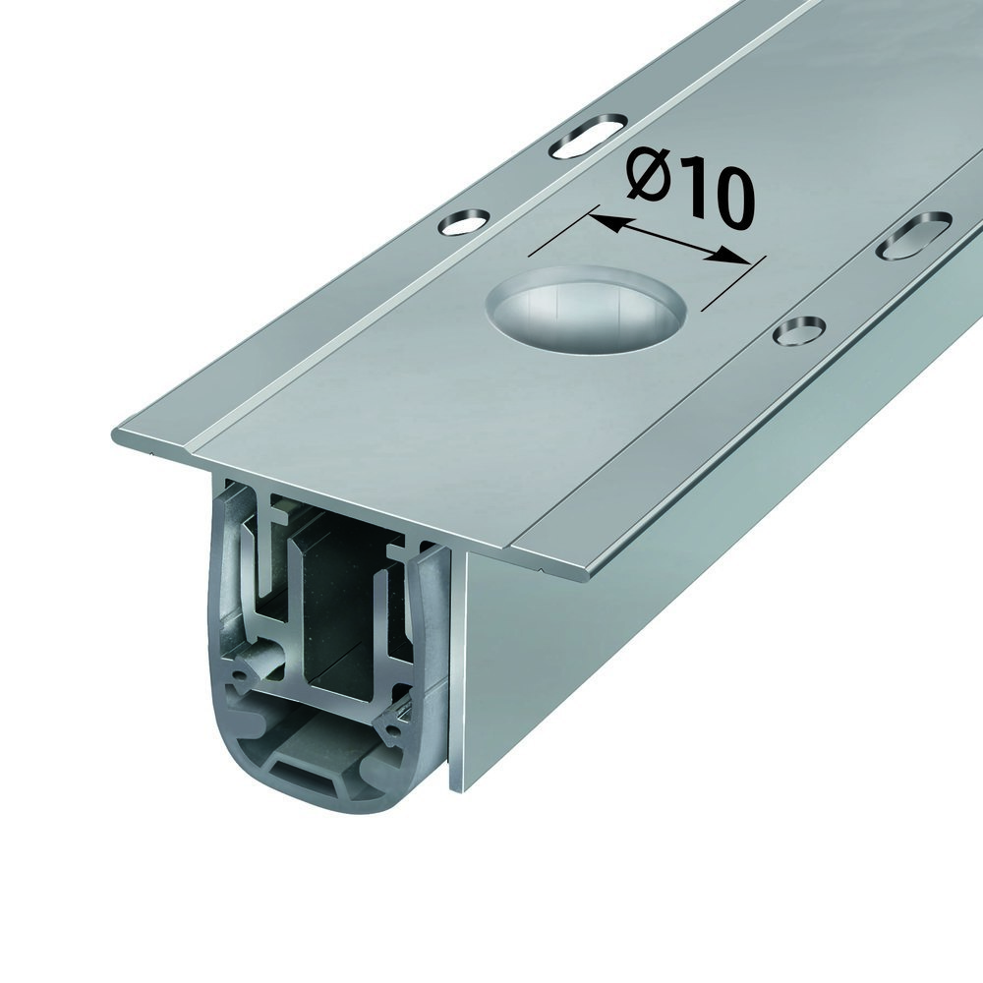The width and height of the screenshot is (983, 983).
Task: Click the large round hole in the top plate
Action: click(x=585, y=307)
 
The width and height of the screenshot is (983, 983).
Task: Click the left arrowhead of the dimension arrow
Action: click(x=603, y=220)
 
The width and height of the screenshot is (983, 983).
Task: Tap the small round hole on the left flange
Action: click(x=465, y=222)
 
